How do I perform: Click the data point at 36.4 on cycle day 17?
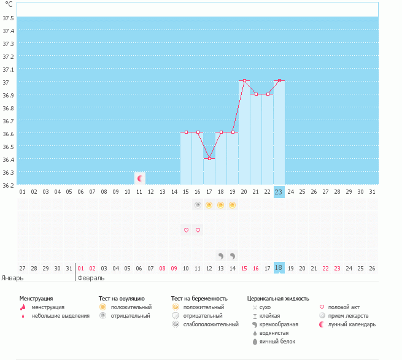point(209,159)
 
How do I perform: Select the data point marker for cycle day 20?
point(244,81)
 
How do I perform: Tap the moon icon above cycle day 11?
point(140,178)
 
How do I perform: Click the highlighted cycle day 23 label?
point(279,192)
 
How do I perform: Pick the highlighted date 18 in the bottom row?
point(279,268)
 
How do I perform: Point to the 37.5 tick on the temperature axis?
point(9,18)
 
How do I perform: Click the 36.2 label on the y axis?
point(9,185)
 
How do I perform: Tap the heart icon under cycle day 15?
point(186,230)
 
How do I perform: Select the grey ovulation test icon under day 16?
point(198,205)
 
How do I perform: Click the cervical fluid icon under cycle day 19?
point(233,255)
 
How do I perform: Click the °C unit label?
point(9,4)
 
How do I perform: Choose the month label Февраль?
point(90,277)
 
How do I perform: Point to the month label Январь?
point(13,277)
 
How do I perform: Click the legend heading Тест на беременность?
point(203,298)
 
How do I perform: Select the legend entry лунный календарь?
point(351,324)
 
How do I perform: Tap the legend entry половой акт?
point(343,307)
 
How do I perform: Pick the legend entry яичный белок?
point(277,342)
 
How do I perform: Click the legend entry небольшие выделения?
point(60,316)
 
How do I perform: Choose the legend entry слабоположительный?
point(211,324)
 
